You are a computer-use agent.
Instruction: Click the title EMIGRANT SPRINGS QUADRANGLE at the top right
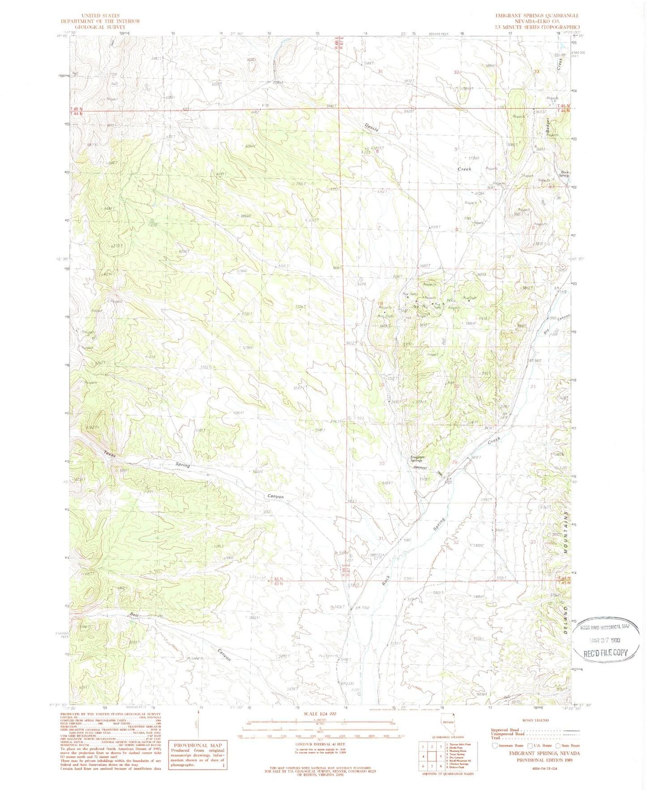click(x=537, y=15)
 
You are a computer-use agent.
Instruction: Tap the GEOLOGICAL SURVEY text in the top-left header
click(x=100, y=27)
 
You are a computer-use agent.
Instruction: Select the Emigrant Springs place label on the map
click(x=417, y=459)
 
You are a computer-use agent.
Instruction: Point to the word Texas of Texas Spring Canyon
click(x=110, y=454)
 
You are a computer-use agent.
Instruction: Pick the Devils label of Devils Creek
click(x=371, y=127)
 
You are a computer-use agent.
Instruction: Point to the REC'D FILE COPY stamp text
click(x=606, y=653)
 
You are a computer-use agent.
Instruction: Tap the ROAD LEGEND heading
click(x=535, y=720)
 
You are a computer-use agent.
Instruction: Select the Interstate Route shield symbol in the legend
click(x=495, y=745)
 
